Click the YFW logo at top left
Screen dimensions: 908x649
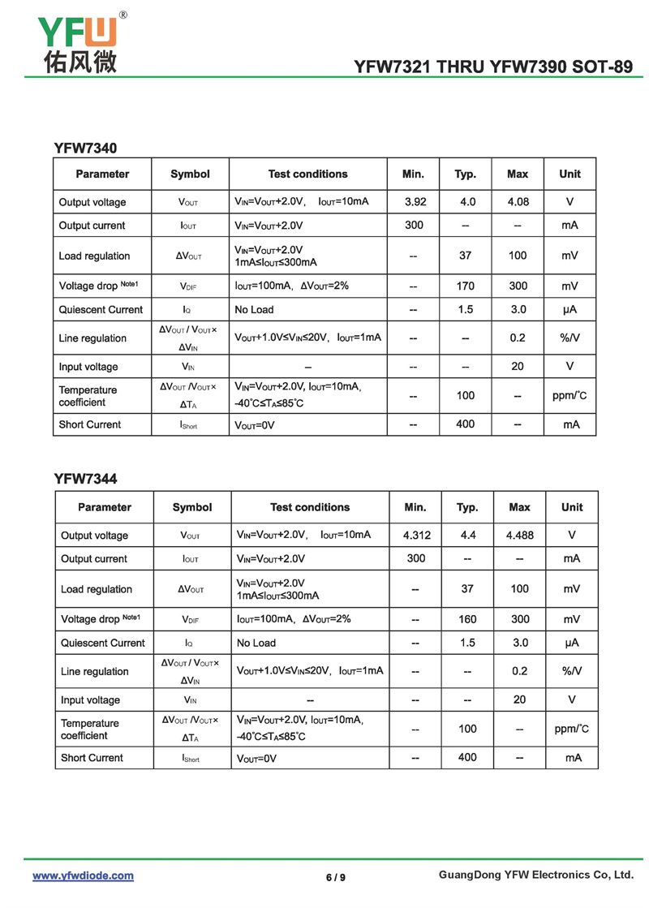point(78,32)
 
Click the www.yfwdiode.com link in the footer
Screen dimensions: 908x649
point(83,876)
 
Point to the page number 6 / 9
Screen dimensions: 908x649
point(335,877)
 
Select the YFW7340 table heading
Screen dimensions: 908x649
point(85,148)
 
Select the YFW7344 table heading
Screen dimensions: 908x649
point(85,479)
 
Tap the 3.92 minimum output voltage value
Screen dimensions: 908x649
point(415,202)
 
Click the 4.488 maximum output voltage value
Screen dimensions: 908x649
point(519,536)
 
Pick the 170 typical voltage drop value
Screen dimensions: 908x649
point(465,286)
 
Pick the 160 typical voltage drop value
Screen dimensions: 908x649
point(467,619)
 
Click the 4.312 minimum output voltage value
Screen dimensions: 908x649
point(416,536)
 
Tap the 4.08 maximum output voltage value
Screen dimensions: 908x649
point(518,202)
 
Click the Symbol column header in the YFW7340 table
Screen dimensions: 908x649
point(190,174)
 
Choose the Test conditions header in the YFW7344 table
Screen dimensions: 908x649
point(310,507)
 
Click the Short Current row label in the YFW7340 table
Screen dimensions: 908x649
point(89,424)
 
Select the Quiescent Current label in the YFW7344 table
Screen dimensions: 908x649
point(104,643)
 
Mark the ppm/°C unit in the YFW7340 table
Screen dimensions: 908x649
point(569,396)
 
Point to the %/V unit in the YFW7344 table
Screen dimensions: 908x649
point(572,671)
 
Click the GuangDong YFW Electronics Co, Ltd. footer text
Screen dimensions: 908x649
point(535,875)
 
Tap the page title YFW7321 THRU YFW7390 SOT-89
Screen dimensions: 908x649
point(493,67)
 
